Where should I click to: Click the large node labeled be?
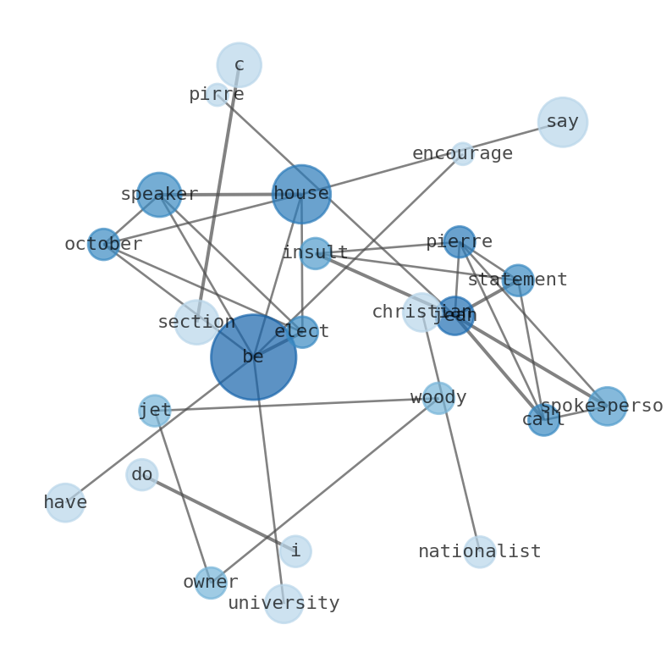[253, 357]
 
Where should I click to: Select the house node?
[300, 194]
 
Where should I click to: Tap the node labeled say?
[562, 122]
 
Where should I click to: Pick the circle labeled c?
[239, 64]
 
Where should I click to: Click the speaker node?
[159, 195]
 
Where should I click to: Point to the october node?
[103, 244]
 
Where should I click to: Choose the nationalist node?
[479, 551]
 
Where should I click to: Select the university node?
[284, 603]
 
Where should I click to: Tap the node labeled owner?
[211, 583]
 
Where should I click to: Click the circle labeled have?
[65, 502]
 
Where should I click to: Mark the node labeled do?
[141, 474]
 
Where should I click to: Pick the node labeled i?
[295, 550]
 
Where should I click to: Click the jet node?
[155, 411]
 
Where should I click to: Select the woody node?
[438, 397]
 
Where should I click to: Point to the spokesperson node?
[607, 406]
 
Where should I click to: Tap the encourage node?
[462, 153]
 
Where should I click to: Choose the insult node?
[315, 253]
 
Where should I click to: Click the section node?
[196, 322]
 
